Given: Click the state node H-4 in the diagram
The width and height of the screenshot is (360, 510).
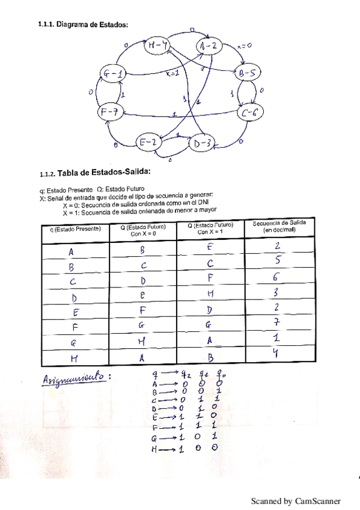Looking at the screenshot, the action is point(157,45).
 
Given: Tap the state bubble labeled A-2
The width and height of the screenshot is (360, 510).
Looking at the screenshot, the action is point(209,46).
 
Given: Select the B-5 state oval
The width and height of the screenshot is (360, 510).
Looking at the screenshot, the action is point(247,75).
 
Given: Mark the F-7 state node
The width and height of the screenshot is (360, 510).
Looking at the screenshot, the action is point(109,111).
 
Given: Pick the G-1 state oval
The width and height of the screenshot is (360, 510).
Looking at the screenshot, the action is point(113,75).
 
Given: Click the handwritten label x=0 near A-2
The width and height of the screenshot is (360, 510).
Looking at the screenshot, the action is point(243,45).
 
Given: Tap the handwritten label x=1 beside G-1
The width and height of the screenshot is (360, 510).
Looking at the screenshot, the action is point(172,73).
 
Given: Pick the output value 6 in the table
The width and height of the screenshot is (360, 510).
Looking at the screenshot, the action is point(277,277).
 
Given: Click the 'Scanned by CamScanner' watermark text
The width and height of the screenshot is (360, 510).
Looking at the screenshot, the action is point(296,500).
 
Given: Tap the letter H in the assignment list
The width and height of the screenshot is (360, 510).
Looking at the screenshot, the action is point(154,449).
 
